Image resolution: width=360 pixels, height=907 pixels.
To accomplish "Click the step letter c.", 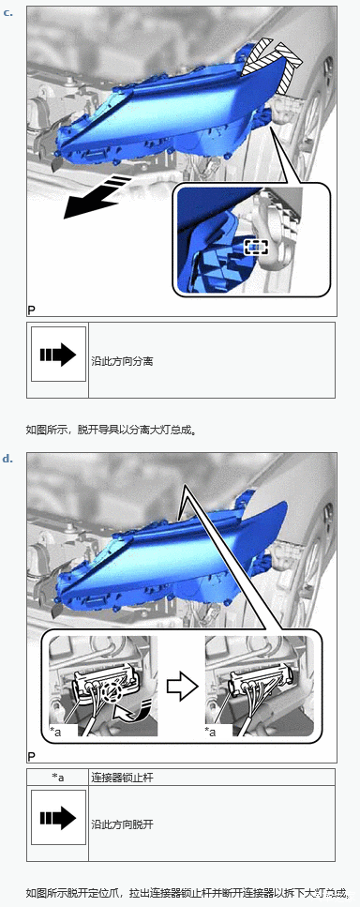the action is pyautogui.click(x=8, y=11).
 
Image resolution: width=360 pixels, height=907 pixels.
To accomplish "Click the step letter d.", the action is pyautogui.click(x=8, y=459).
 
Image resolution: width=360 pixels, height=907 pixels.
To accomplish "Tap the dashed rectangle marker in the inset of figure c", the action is pyautogui.click(x=257, y=247).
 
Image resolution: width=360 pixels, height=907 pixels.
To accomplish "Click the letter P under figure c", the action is pyautogui.click(x=31, y=310).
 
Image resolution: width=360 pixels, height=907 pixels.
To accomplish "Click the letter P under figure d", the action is pyautogui.click(x=31, y=756).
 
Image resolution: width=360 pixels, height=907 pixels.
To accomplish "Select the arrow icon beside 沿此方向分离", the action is pyautogui.click(x=58, y=354).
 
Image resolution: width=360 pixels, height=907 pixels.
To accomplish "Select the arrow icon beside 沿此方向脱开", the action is pyautogui.click(x=58, y=818).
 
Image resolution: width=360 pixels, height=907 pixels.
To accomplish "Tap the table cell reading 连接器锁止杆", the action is pyautogui.click(x=212, y=777).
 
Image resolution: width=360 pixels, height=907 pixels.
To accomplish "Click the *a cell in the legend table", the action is pyautogui.click(x=58, y=777).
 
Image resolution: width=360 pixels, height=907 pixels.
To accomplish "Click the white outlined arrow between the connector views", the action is pyautogui.click(x=182, y=686).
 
